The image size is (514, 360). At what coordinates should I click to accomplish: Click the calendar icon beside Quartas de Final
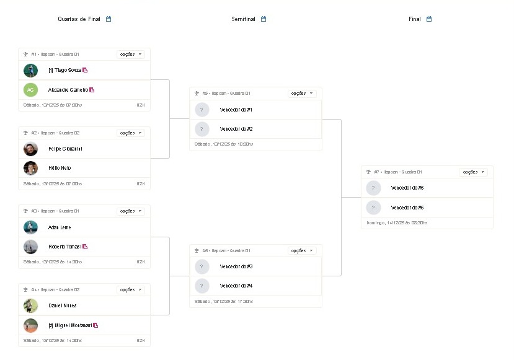coord(109,19)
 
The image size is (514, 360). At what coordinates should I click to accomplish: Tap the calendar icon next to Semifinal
coord(264,19)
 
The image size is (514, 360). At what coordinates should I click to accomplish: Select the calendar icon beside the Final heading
coord(429,19)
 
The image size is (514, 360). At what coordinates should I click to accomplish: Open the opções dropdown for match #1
coord(131,55)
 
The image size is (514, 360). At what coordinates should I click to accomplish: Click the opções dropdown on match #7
coord(473,172)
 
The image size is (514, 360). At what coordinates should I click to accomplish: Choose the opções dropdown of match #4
coord(131,289)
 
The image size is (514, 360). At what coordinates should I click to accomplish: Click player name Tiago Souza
coord(64,70)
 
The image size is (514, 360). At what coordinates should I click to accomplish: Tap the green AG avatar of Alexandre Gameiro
coord(30,90)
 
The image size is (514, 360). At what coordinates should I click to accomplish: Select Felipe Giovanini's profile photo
coord(30,149)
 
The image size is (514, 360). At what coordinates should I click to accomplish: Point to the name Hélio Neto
coord(60,168)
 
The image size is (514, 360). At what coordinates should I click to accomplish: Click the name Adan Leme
coord(60,227)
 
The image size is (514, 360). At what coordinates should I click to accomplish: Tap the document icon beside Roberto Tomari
coord(85,247)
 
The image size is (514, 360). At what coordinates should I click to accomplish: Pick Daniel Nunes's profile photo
coord(30,305)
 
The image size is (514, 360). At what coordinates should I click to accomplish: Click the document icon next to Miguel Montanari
coord(96,325)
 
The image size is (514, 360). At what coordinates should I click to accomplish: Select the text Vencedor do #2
coord(236,129)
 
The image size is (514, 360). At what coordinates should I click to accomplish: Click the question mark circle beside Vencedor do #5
coord(373,188)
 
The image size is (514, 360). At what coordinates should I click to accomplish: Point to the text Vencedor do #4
coord(236,286)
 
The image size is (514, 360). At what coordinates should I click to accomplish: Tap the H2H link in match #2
coord(141,183)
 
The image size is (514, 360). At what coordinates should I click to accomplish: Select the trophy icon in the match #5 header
coord(197,94)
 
